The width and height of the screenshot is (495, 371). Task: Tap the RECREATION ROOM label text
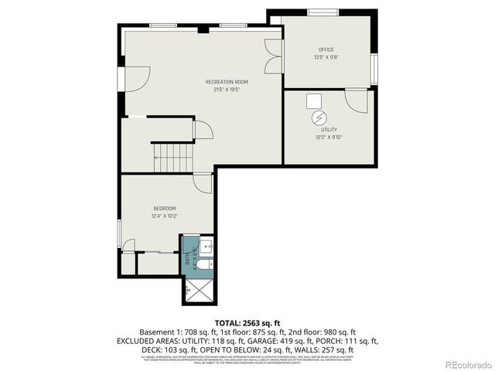coord(227,81)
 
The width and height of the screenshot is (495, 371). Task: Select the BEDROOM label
coord(164,208)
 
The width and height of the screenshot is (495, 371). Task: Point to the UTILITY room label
coord(329,131)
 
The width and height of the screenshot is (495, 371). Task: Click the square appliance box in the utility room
coord(314,101)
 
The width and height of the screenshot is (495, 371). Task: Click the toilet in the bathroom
coord(203,265)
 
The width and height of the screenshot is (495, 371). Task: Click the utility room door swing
coord(357,100)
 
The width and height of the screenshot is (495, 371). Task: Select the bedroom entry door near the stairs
coord(203,184)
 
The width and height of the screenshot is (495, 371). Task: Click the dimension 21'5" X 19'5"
coord(227,89)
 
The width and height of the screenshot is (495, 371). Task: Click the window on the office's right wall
coord(374,67)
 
